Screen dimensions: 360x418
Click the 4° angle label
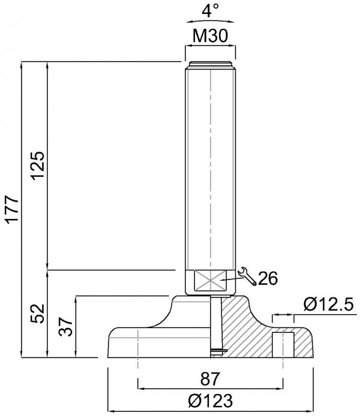click(211, 11)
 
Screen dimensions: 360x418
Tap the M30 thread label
click(211, 36)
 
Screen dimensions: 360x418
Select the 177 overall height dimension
click(12, 209)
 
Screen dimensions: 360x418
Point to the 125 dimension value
click(38, 166)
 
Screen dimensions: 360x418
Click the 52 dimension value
click(38, 314)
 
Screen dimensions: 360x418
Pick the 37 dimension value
click(66, 327)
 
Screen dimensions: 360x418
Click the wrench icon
click(247, 276)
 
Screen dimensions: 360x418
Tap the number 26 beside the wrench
click(268, 278)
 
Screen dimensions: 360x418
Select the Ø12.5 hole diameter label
click(329, 304)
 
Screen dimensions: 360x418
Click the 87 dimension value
click(211, 378)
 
